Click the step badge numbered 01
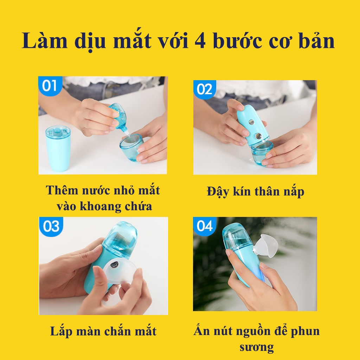tap(49, 85)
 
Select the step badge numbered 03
tap(51, 226)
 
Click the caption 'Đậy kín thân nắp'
tap(255, 192)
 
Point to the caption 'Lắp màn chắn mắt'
tap(103, 331)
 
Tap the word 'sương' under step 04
tap(256, 347)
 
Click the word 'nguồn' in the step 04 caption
tap(264, 331)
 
